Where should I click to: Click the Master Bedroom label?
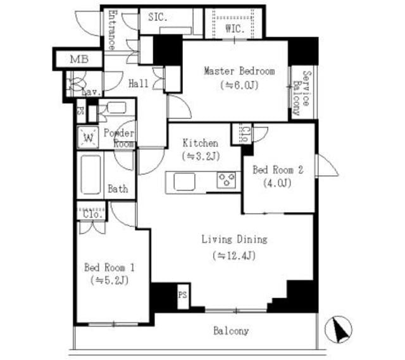click(x=239, y=71)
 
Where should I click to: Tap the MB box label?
click(x=78, y=60)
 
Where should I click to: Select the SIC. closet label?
click(x=158, y=17)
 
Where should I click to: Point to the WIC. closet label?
click(x=235, y=28)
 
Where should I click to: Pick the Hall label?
click(x=139, y=84)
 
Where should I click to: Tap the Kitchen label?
click(x=201, y=143)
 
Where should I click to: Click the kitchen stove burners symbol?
click(x=226, y=180)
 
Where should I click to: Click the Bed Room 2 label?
click(x=278, y=170)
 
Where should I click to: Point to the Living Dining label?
click(x=234, y=240)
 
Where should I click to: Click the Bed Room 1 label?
click(x=109, y=267)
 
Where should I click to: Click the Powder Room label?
click(x=119, y=138)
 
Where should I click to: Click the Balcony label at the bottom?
click(x=230, y=331)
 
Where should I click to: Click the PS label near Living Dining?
click(x=182, y=295)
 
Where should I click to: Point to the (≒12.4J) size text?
click(x=234, y=256)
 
